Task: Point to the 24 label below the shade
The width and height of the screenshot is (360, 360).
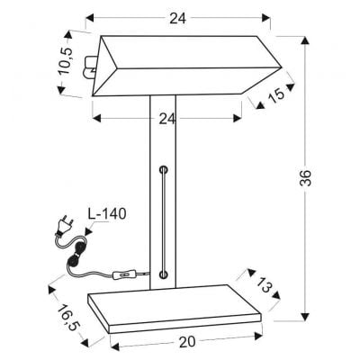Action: pos(168,116)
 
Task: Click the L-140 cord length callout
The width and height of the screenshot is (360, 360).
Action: pos(107,214)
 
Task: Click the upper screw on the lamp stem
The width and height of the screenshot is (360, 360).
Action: pos(163,168)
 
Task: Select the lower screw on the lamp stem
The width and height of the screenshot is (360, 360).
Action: pos(163,273)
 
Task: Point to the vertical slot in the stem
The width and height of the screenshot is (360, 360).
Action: pos(163,220)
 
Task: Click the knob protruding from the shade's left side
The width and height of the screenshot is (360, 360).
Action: pos(89,65)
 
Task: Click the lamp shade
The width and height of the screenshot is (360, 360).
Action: pos(180,67)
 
